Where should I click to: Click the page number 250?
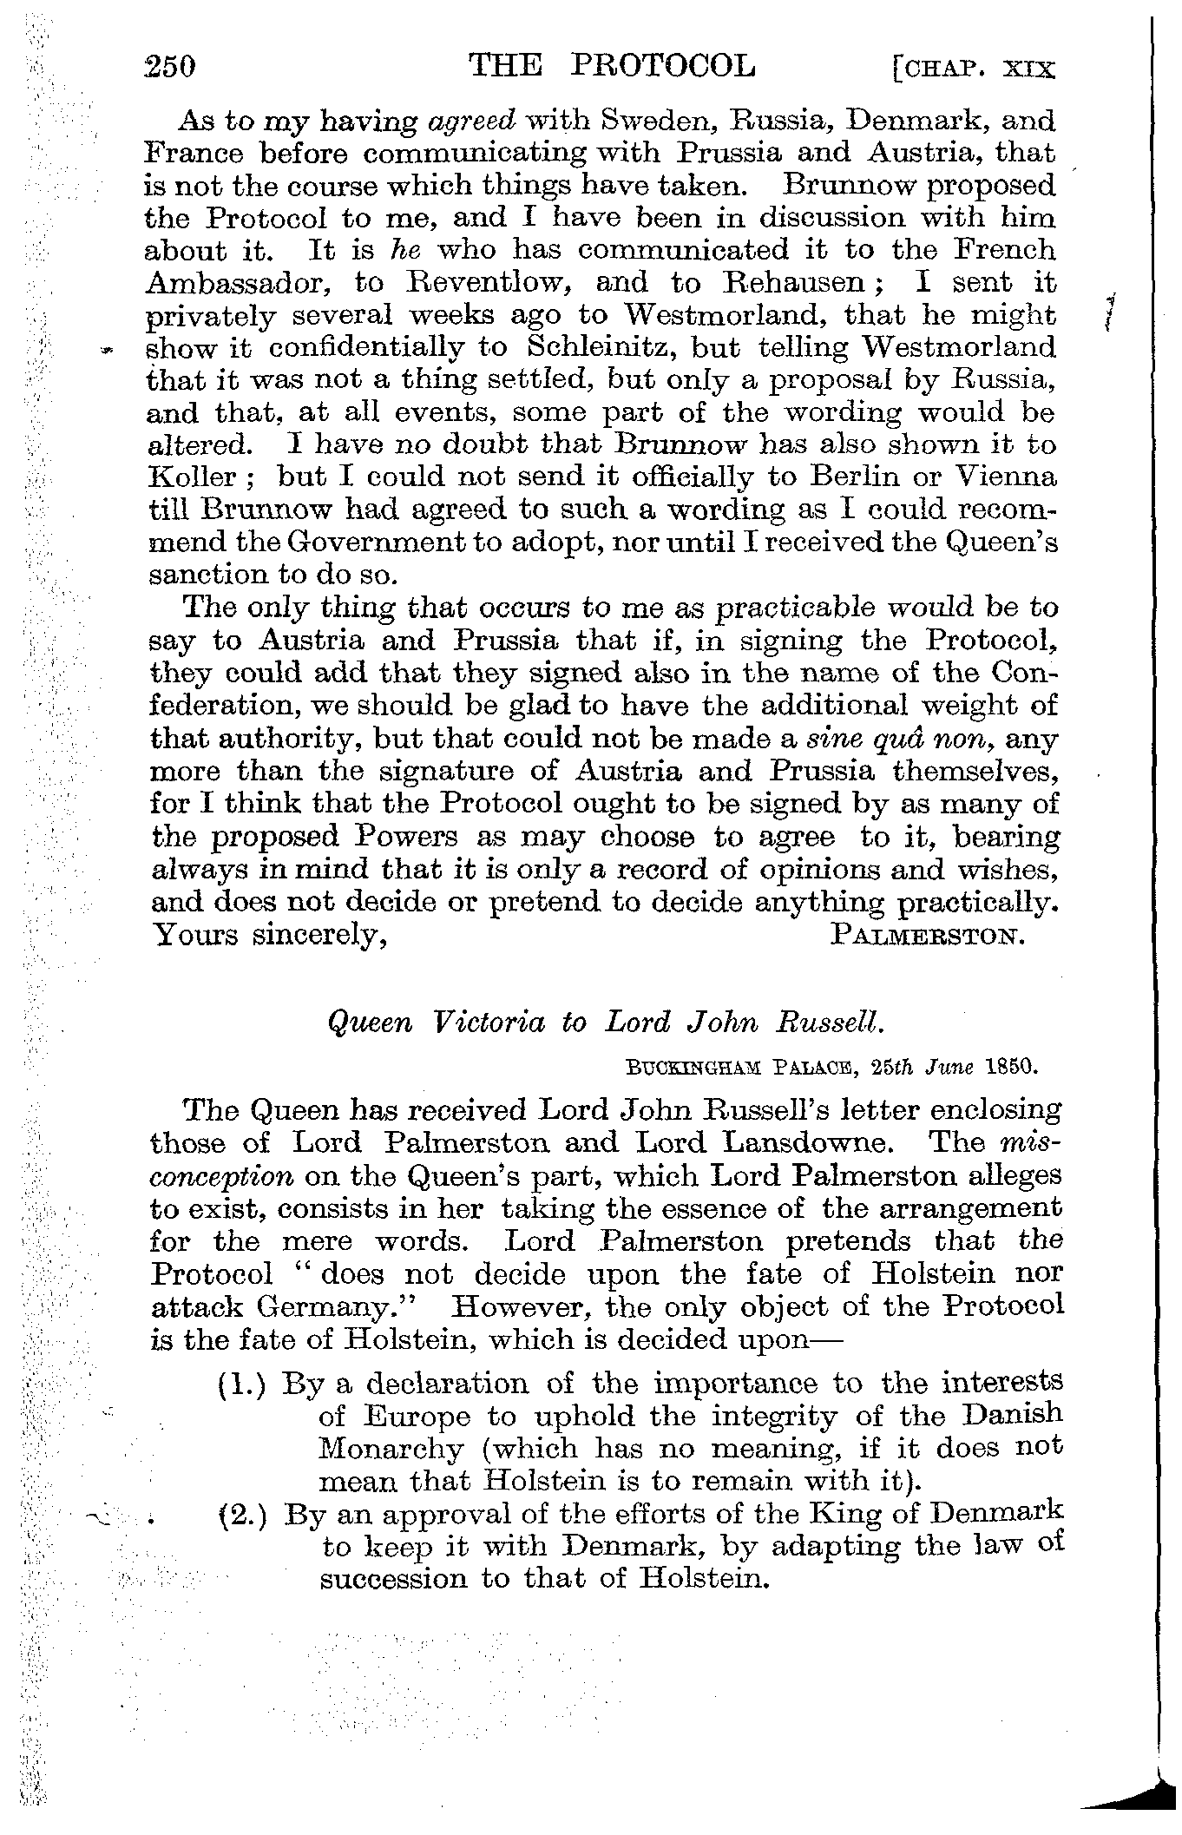pos(172,67)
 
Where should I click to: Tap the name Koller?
pos(192,478)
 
